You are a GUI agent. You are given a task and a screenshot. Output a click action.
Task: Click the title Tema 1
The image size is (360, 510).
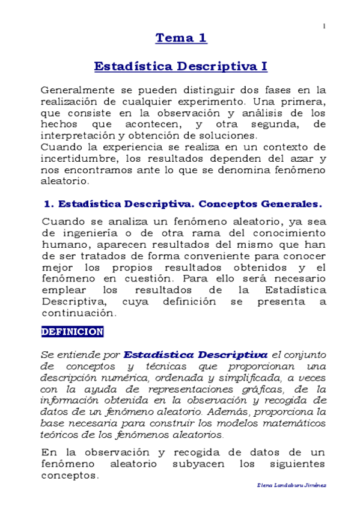182,38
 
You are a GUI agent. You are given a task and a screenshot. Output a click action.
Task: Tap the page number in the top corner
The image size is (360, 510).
325,26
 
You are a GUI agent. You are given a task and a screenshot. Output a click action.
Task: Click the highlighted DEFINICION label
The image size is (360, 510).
73,332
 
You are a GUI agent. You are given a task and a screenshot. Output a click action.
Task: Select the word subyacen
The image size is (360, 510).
183,464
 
